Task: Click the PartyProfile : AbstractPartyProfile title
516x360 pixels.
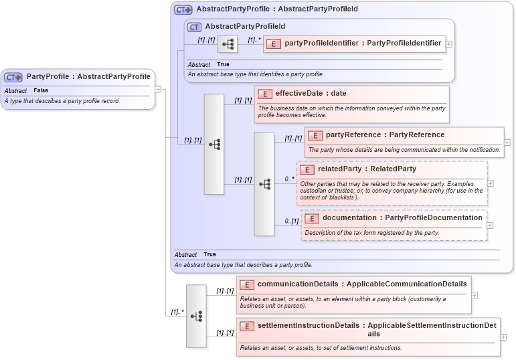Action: [88, 76]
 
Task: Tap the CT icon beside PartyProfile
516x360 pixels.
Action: [13, 77]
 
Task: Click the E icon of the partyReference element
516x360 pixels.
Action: [315, 135]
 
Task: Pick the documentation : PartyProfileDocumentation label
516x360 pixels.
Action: [402, 218]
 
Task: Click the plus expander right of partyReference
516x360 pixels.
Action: [507, 142]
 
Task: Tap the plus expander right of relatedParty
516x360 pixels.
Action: [491, 183]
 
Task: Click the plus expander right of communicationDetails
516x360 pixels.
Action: [475, 294]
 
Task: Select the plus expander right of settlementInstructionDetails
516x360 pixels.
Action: [503, 337]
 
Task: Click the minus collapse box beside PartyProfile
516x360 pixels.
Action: [158, 88]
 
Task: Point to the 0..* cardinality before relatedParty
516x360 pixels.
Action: [289, 179]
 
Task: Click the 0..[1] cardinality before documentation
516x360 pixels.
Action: [291, 220]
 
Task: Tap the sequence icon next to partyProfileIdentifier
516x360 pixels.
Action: [228, 44]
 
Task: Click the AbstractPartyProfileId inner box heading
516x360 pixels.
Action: [245, 27]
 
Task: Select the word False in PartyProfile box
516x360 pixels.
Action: [41, 90]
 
